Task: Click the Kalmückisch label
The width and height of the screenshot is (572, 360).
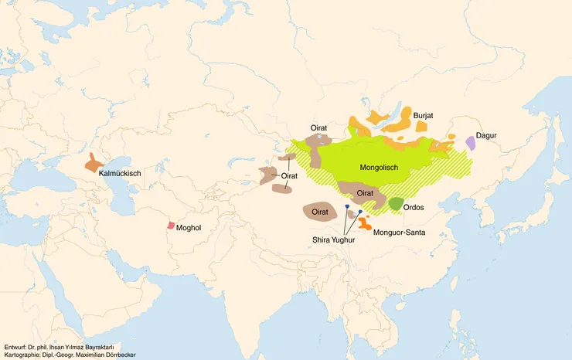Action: point(120,175)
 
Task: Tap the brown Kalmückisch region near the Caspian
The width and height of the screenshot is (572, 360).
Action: point(94,163)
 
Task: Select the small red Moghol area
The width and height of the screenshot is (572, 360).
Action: point(171,226)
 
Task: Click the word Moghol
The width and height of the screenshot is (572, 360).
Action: point(189,229)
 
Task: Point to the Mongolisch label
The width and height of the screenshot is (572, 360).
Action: point(379,167)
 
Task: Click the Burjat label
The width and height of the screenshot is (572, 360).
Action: point(424,116)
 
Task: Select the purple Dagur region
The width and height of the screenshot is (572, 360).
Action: point(470,143)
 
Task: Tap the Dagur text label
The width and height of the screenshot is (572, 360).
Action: point(486,136)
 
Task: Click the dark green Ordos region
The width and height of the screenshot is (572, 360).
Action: point(396,204)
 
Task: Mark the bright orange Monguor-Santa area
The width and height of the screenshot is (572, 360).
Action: point(363,224)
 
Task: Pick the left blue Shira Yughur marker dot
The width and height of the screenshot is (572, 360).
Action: point(347,208)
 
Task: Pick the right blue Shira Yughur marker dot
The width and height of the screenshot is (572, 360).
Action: point(360,212)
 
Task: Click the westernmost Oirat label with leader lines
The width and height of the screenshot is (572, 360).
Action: point(289,177)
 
